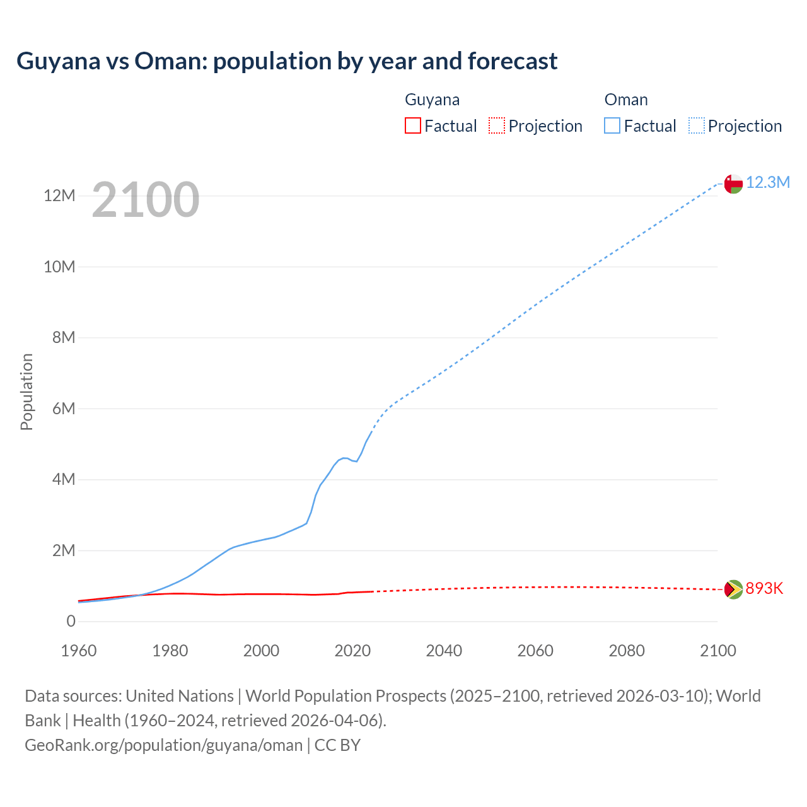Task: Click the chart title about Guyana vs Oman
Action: pyautogui.click(x=287, y=61)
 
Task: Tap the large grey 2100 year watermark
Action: pyautogui.click(x=146, y=200)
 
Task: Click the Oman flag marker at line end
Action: pyautogui.click(x=733, y=183)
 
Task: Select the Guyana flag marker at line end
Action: pyautogui.click(x=733, y=589)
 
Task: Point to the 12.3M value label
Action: pyautogui.click(x=768, y=183)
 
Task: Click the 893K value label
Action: pyautogui.click(x=764, y=588)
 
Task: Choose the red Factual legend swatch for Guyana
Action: pyautogui.click(x=413, y=125)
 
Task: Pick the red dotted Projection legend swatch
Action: pyautogui.click(x=497, y=125)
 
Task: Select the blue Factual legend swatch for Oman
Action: pyautogui.click(x=612, y=125)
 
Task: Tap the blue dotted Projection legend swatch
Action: pyautogui.click(x=697, y=125)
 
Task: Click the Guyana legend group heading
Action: pyautogui.click(x=432, y=100)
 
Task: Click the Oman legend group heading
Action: pyautogui.click(x=626, y=100)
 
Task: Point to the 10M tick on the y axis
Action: pyautogui.click(x=59, y=267)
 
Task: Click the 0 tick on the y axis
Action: pyautogui.click(x=71, y=622)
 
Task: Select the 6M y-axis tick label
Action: pyautogui.click(x=63, y=409)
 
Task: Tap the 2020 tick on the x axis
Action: pyautogui.click(x=352, y=651)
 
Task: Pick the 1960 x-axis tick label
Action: pyautogui.click(x=79, y=651)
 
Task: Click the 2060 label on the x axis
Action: pyautogui.click(x=535, y=651)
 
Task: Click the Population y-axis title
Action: pyautogui.click(x=26, y=392)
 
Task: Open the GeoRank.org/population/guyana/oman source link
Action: pyautogui.click(x=164, y=745)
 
